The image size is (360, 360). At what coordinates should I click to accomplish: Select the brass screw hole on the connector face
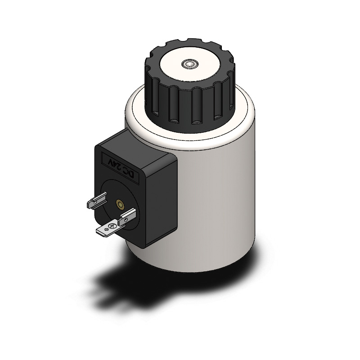[x=120, y=204]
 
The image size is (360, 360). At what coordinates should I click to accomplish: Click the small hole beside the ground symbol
[x=106, y=229]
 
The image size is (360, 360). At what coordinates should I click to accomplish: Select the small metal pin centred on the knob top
[x=189, y=64]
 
